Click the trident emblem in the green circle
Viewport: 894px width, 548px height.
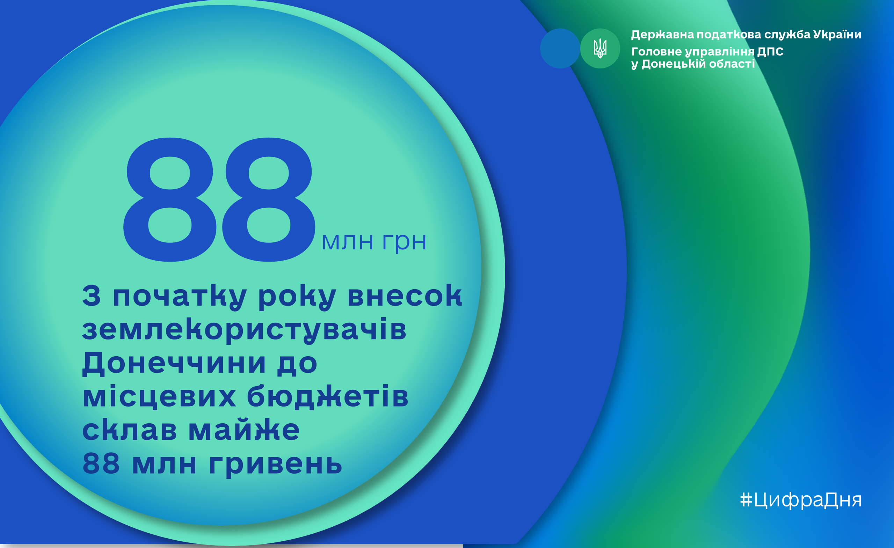(x=600, y=48)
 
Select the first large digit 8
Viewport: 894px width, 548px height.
(x=170, y=199)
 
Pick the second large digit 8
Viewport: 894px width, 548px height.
(x=269, y=199)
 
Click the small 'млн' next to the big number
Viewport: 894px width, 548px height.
(x=347, y=242)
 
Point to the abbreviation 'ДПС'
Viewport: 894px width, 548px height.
(x=770, y=51)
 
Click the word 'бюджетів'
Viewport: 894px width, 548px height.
(x=327, y=397)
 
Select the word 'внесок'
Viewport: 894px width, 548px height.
(x=405, y=295)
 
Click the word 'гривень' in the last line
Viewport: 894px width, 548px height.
(x=275, y=465)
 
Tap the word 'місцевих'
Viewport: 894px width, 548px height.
(x=159, y=396)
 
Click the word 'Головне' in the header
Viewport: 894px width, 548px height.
(x=656, y=51)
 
